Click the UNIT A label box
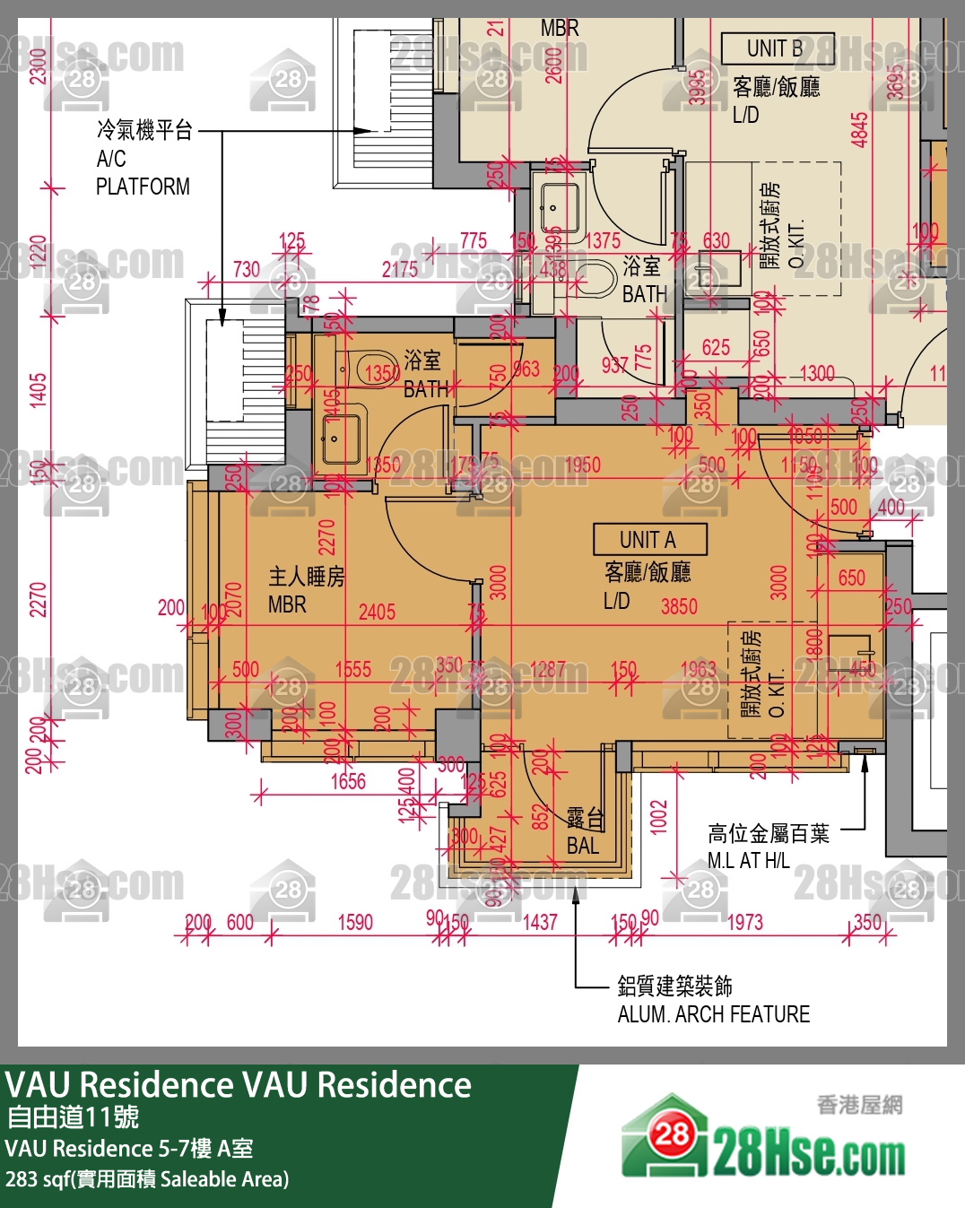click(649, 540)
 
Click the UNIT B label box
click(777, 48)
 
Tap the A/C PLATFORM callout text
click(143, 159)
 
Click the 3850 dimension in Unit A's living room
click(679, 607)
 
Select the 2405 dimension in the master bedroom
click(377, 613)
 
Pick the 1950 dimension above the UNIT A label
click(582, 465)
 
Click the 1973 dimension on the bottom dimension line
click(743, 922)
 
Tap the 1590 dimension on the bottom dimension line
click(355, 922)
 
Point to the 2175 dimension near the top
click(399, 269)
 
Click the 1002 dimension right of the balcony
click(659, 817)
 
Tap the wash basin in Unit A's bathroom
click(340, 439)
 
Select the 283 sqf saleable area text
click(147, 1179)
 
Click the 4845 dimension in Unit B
click(860, 129)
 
